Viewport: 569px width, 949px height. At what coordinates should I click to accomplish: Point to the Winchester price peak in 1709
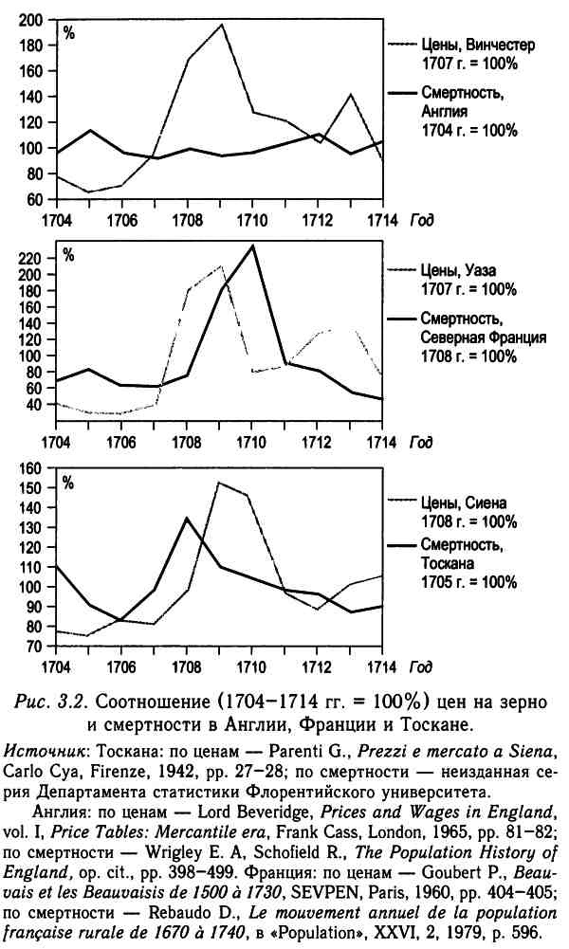221,25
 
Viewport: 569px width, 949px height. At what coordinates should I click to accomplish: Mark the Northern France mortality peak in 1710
252,246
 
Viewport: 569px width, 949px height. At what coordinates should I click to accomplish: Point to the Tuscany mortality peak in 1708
188,518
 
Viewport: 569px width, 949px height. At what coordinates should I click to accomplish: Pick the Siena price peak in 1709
220,483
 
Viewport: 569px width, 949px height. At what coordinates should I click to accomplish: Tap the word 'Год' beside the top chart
422,218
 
